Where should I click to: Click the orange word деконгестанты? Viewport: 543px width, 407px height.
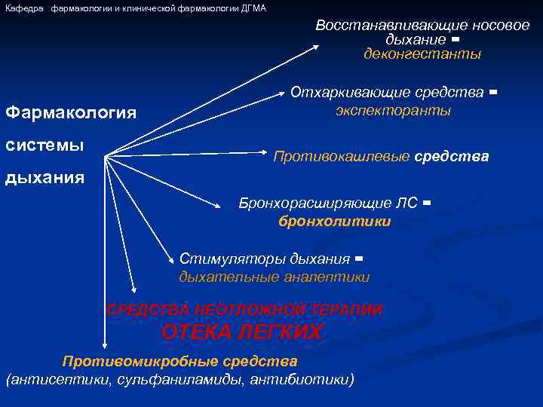coord(422,54)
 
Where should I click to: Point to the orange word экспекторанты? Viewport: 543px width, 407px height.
coord(393,110)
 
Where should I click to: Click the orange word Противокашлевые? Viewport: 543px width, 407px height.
coord(342,157)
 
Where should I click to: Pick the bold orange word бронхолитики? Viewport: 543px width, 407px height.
coord(335,221)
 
